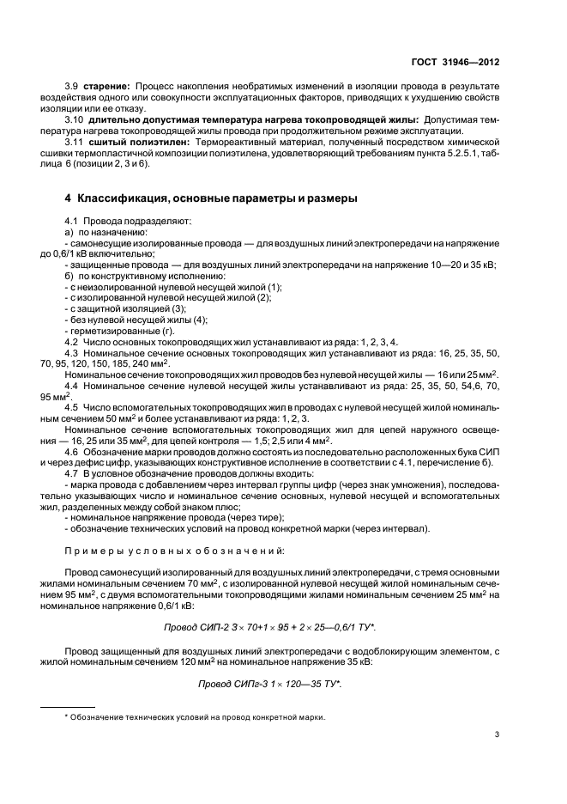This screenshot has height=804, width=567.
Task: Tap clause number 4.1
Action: pyautogui.click(x=73, y=222)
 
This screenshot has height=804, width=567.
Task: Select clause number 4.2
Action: pyautogui.click(x=73, y=342)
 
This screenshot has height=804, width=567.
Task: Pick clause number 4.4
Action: pyautogui.click(x=73, y=387)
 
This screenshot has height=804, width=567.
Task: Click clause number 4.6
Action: pyautogui.click(x=73, y=452)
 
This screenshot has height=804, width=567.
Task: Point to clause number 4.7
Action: pyautogui.click(x=73, y=474)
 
